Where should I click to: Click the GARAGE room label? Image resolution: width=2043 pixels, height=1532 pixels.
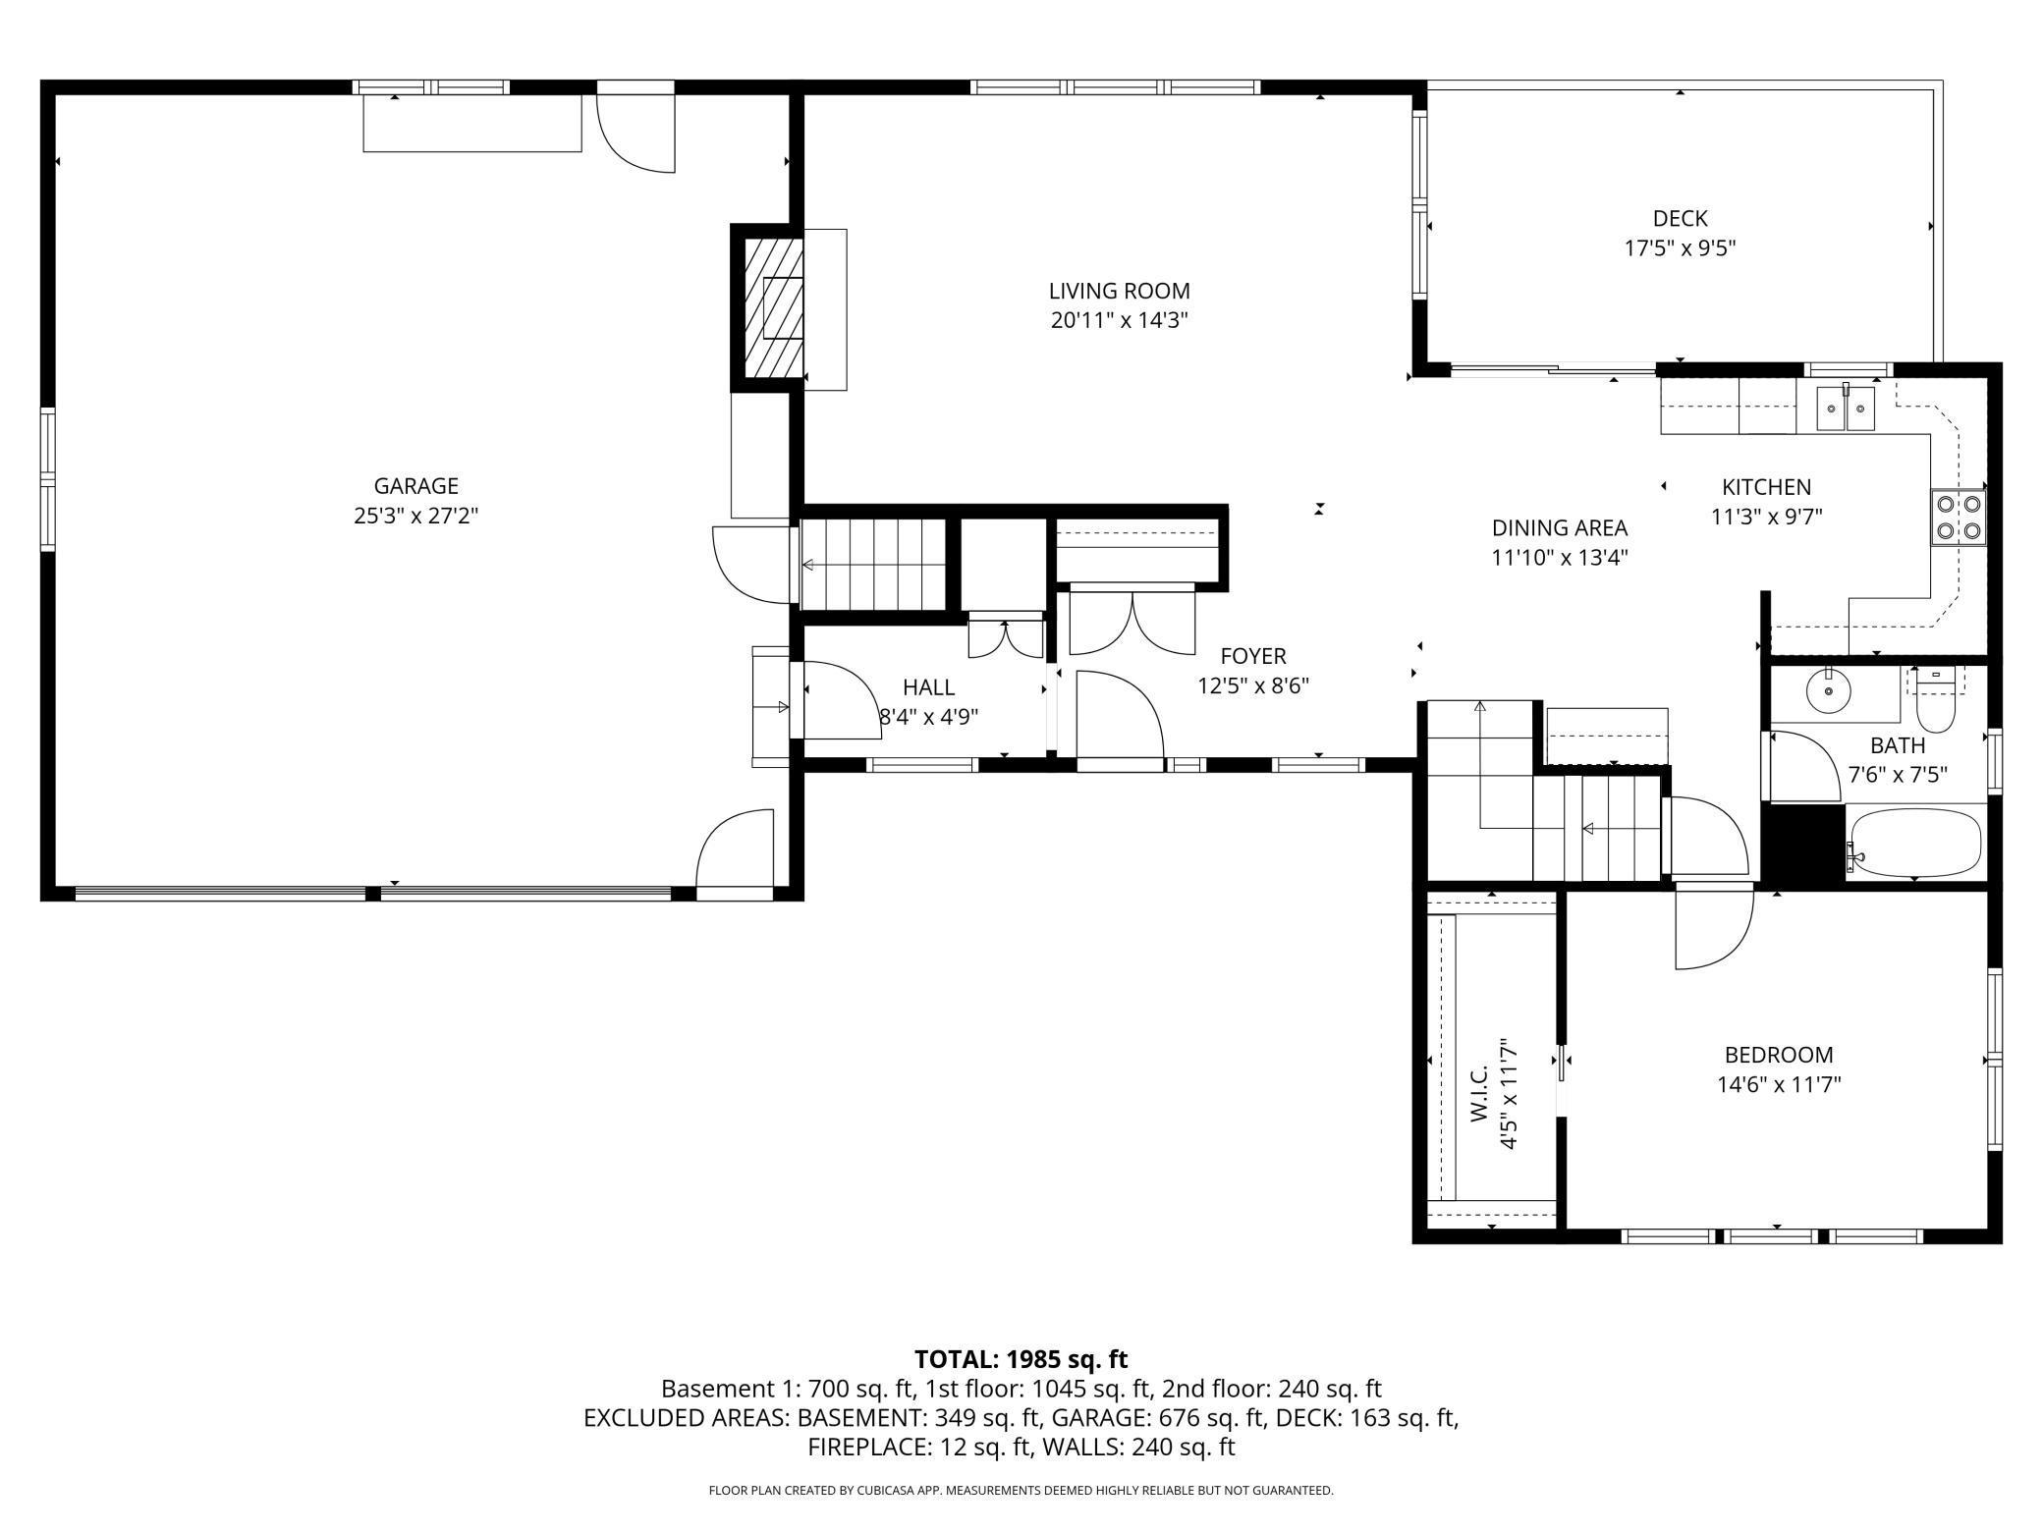(x=416, y=486)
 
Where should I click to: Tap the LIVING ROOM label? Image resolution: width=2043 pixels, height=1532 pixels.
(x=1120, y=291)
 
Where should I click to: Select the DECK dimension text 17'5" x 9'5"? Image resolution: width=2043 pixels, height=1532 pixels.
(x=1681, y=248)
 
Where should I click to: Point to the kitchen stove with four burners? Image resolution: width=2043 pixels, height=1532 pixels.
(x=1958, y=518)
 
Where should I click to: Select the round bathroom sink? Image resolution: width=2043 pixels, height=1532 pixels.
(x=1829, y=692)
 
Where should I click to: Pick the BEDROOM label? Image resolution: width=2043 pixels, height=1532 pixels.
(x=1779, y=1055)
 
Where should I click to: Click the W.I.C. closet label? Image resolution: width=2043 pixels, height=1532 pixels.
(x=1480, y=1094)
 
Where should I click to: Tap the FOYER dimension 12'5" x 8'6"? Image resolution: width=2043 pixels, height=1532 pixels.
(x=1253, y=685)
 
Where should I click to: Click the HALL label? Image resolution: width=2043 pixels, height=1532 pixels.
(x=928, y=687)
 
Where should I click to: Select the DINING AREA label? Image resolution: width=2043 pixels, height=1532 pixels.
(x=1560, y=528)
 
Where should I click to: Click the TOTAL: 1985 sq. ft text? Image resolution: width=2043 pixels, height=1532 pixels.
(x=1021, y=1359)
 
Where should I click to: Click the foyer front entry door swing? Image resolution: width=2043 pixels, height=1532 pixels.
(x=1121, y=716)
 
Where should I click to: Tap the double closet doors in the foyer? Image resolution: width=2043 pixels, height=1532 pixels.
(x=1132, y=622)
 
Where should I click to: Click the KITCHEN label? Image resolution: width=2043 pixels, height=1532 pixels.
(x=1766, y=487)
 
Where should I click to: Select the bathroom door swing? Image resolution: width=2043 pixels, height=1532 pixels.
(x=1805, y=765)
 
